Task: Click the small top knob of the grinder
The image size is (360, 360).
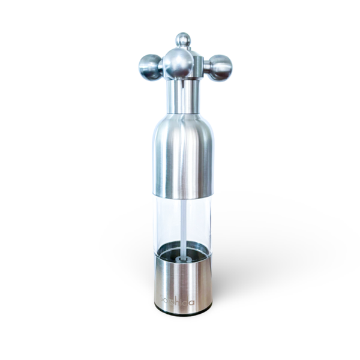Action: [183, 40]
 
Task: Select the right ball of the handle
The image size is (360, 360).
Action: [220, 67]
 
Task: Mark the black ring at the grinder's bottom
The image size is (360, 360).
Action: [183, 311]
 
